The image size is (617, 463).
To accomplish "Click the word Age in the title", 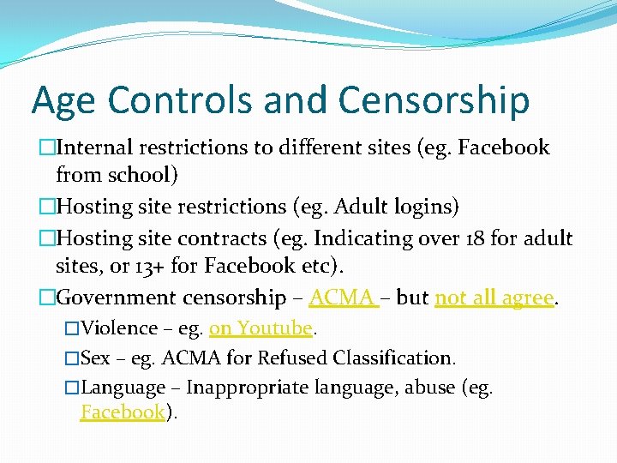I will pos(63,101).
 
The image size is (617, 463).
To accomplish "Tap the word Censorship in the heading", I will pos(434,99).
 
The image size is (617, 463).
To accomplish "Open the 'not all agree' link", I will pos(494,298).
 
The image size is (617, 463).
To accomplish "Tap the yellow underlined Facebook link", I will pos(122,412).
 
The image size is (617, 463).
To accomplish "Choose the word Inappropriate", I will pos(248,388).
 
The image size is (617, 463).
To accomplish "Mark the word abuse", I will pos(425,388).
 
